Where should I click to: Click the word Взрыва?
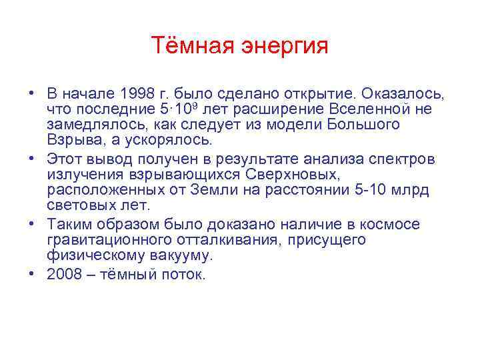point(71,141)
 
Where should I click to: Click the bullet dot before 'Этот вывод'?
point(31,158)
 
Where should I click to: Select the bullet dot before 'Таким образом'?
point(31,223)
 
